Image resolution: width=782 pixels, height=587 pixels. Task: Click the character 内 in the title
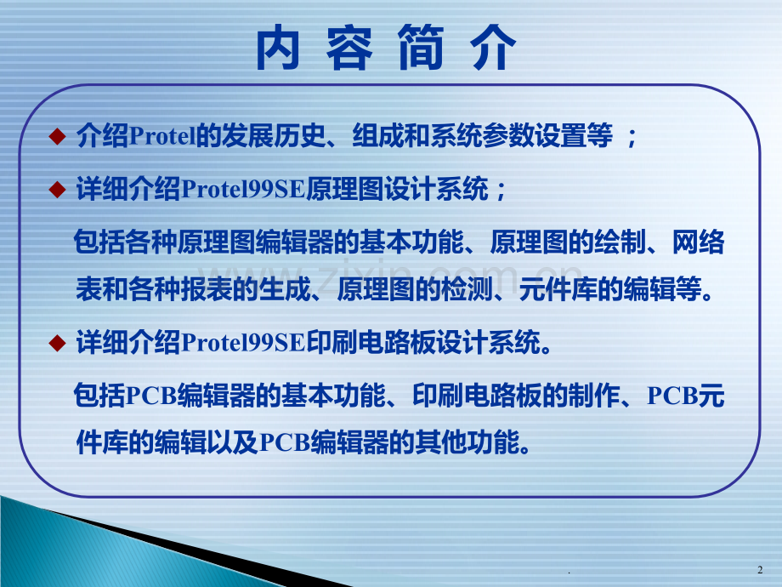(x=278, y=48)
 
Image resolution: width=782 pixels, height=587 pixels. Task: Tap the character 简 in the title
(x=421, y=48)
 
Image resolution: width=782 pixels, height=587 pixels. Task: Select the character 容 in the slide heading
(x=349, y=48)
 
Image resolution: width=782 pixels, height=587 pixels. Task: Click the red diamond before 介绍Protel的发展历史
(x=57, y=136)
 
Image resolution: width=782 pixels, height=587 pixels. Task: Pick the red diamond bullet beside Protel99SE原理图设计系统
(x=57, y=190)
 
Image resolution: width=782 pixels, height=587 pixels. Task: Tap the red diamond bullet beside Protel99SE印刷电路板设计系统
(x=57, y=343)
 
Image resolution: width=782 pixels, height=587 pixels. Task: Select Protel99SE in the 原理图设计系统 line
(x=243, y=190)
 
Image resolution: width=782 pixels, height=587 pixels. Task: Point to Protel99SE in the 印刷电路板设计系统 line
(x=243, y=343)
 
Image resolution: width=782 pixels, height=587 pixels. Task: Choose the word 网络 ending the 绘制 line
(x=698, y=242)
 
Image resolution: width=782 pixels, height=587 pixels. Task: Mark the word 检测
(x=467, y=289)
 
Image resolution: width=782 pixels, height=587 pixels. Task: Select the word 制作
(x=594, y=396)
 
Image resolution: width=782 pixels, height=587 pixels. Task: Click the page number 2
(x=760, y=569)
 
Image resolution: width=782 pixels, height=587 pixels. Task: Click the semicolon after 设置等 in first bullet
(x=632, y=138)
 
